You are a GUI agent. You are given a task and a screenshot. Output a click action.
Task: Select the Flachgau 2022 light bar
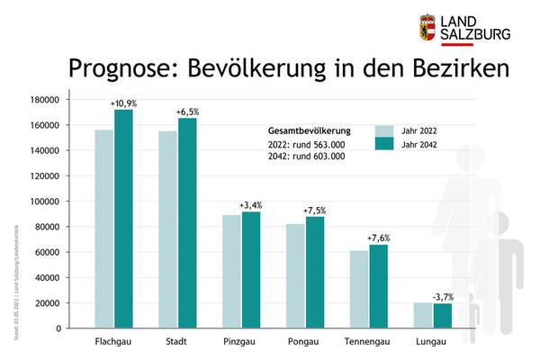(104, 229)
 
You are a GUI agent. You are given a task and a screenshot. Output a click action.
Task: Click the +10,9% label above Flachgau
(123, 103)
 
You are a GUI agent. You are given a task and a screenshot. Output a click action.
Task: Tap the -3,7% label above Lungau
(442, 296)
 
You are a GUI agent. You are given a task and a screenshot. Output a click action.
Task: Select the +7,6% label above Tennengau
(379, 238)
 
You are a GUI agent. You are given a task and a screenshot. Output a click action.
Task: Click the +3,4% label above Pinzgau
(251, 205)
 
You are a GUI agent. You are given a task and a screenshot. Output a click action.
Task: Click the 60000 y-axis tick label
(48, 252)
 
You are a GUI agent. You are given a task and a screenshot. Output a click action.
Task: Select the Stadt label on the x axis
(177, 343)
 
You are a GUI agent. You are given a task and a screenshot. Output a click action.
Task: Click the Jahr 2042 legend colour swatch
(384, 144)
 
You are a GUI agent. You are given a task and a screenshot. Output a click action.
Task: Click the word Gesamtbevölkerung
(309, 130)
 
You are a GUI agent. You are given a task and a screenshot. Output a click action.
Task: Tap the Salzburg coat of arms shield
(429, 27)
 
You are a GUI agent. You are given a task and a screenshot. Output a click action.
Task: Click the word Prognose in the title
(120, 69)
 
